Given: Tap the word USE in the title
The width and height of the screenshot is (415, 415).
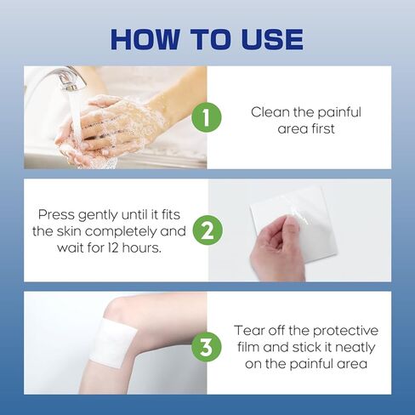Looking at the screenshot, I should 265,39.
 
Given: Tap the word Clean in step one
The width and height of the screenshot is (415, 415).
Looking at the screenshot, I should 270,111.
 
